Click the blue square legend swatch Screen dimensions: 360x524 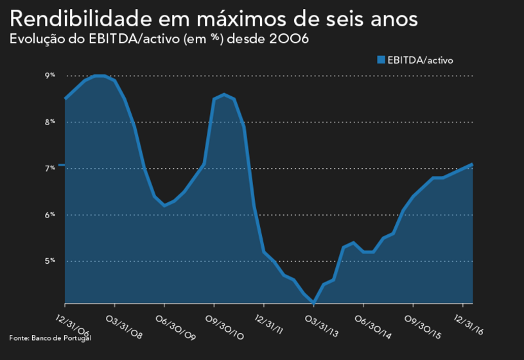(381, 60)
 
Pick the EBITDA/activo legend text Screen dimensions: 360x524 (420, 60)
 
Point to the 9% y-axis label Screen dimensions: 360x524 (50, 76)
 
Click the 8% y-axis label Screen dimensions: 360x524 (50, 122)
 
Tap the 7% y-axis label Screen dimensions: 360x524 (50, 168)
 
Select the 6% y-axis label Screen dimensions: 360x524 (50, 215)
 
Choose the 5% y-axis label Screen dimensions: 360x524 (50, 261)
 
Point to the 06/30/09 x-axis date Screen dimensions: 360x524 (173, 326)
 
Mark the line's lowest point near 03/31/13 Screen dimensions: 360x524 (313, 302)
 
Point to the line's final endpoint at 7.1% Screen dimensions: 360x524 (472, 164)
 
